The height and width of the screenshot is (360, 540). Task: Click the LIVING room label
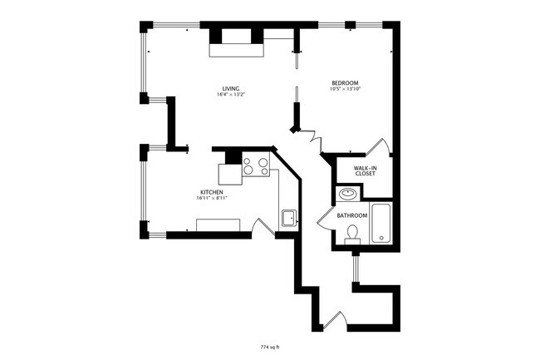pyautogui.click(x=230, y=89)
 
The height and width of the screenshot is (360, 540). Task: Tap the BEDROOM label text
pyautogui.click(x=345, y=83)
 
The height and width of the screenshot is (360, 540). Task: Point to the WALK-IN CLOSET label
pyautogui.click(x=366, y=170)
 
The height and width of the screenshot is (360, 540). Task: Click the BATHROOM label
pyautogui.click(x=352, y=215)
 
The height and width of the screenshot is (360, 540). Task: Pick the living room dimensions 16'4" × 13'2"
pyautogui.click(x=230, y=96)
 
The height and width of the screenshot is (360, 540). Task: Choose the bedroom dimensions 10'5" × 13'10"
pyautogui.click(x=345, y=90)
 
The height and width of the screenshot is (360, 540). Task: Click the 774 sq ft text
pyautogui.click(x=271, y=346)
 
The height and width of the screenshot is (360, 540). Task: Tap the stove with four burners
pyautogui.click(x=256, y=167)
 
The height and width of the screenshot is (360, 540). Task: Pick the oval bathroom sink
pyautogui.click(x=347, y=195)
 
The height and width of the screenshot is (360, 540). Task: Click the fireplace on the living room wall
pyautogui.click(x=237, y=43)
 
